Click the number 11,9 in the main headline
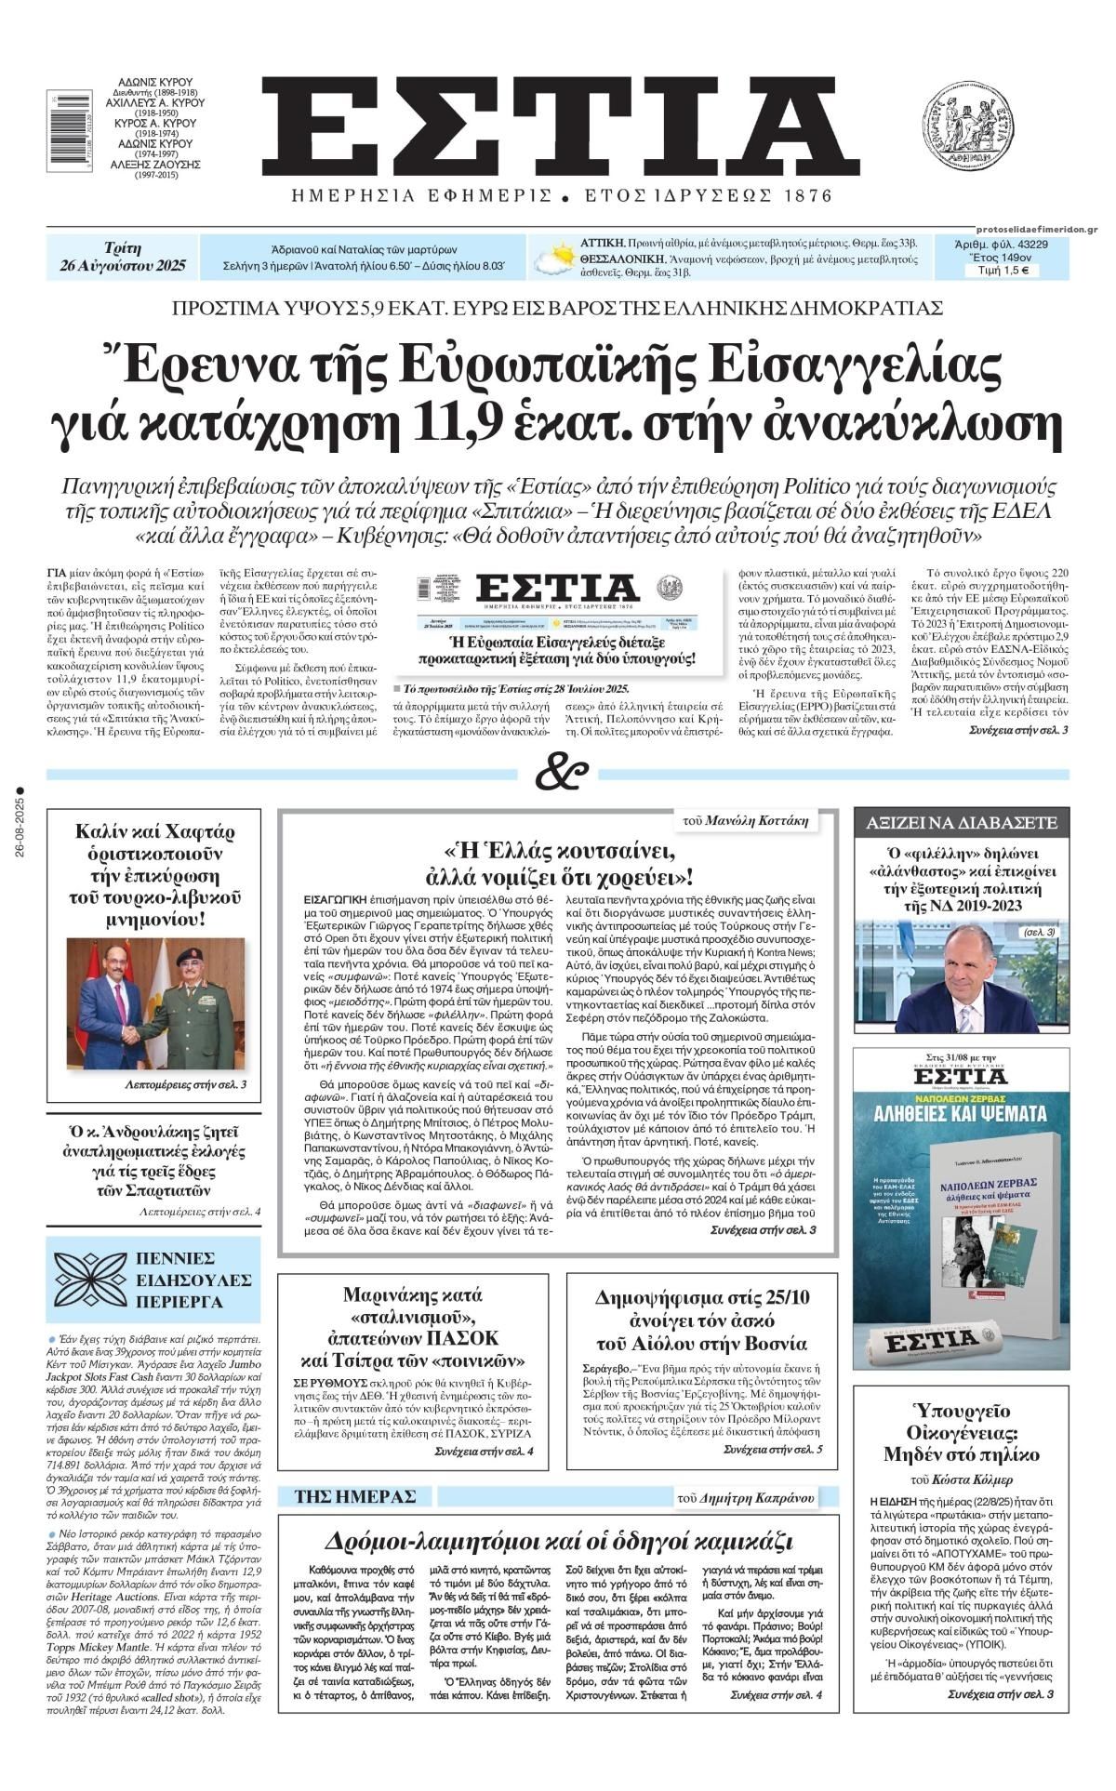[459, 423]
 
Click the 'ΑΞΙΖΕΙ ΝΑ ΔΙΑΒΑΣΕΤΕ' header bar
[961, 822]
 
